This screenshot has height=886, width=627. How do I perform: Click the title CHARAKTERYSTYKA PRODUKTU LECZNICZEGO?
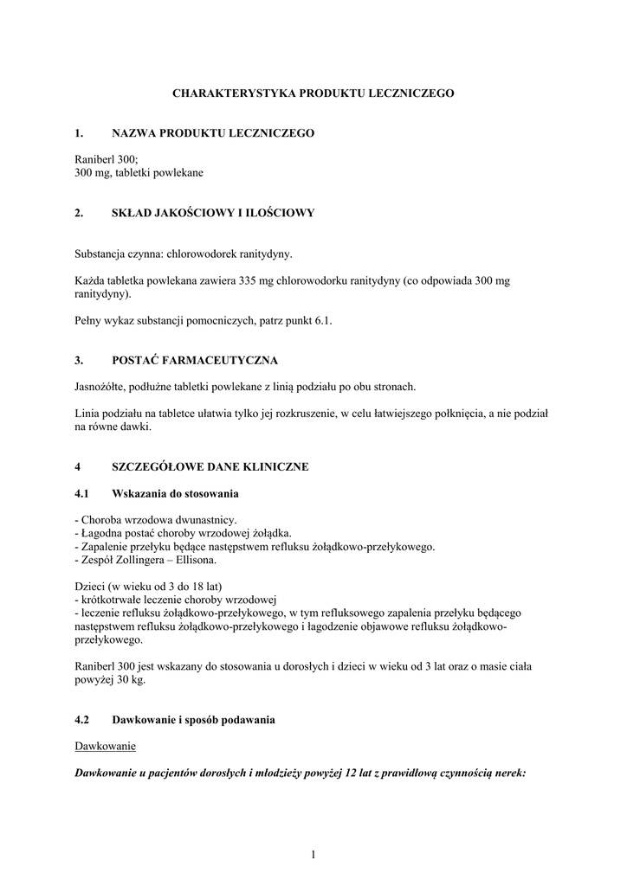point(313,92)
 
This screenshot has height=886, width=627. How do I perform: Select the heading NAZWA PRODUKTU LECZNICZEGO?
point(213,133)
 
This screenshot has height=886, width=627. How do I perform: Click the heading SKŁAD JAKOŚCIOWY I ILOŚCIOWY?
point(213,213)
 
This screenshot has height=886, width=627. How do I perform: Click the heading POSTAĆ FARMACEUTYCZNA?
point(195,360)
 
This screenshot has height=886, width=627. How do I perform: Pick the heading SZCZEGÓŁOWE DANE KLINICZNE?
point(210,466)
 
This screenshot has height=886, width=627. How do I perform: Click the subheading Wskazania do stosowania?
point(176,493)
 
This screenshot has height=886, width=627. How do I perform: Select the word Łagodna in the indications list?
point(105,533)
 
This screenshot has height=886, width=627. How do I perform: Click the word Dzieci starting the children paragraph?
point(91,586)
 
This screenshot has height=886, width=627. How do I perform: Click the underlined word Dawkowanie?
point(105,746)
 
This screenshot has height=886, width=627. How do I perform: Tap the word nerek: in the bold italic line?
point(508,774)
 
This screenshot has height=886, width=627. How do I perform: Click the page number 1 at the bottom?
point(313,856)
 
